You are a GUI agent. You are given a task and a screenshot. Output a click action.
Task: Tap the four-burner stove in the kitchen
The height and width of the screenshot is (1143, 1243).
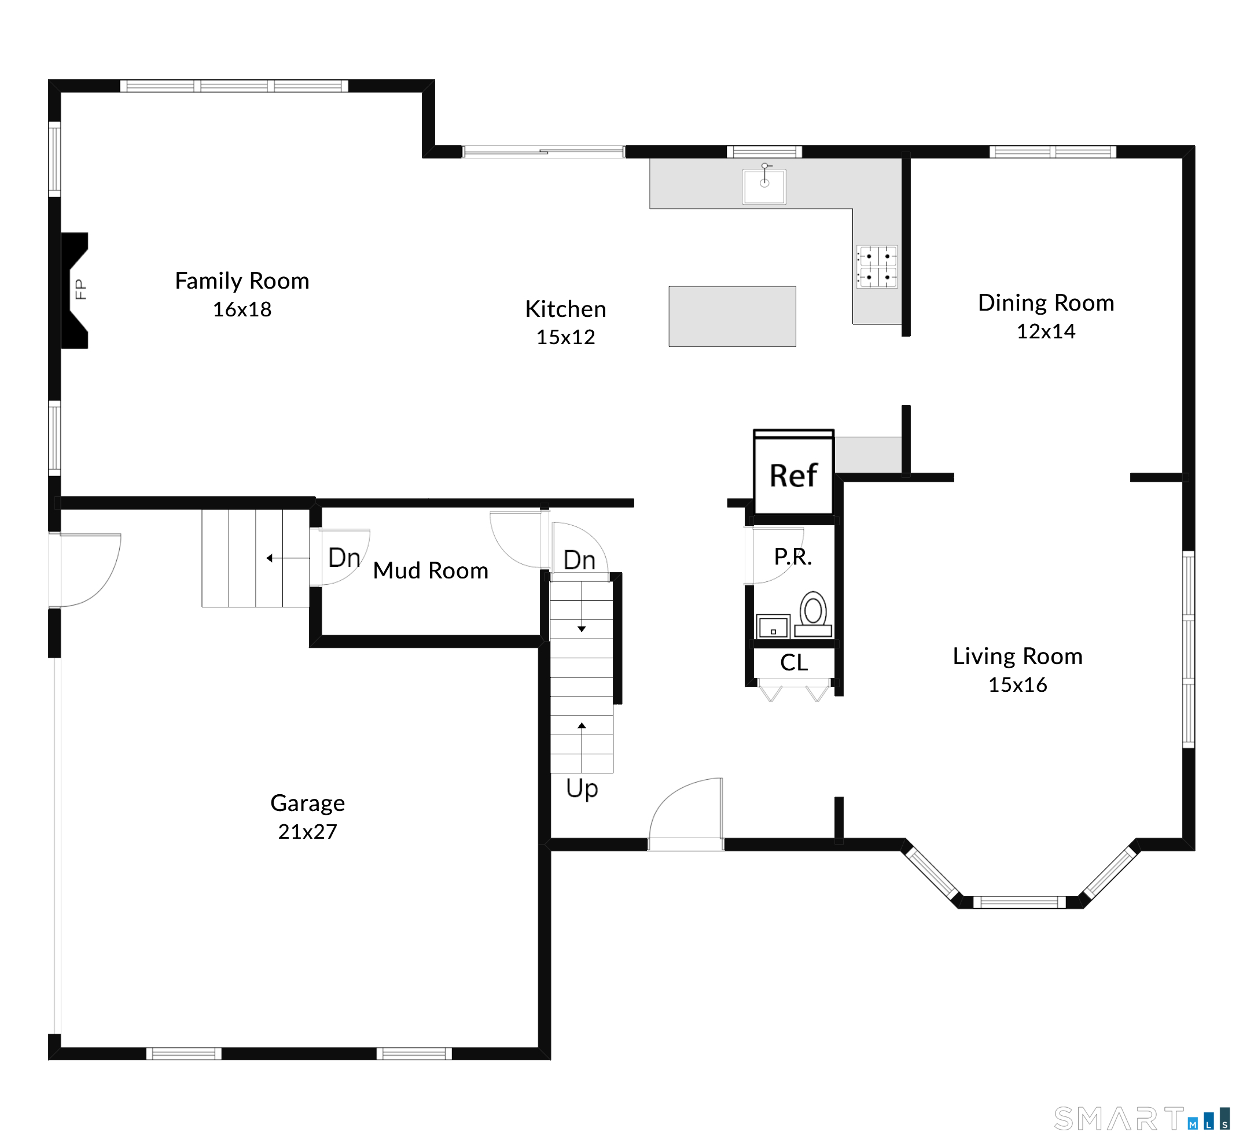click(877, 267)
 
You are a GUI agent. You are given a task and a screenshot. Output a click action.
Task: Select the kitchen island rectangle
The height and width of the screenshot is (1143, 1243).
click(732, 316)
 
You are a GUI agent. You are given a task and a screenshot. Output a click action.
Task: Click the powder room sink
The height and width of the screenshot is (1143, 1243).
click(773, 626)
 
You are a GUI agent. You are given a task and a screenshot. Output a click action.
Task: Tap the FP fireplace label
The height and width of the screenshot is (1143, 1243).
click(80, 289)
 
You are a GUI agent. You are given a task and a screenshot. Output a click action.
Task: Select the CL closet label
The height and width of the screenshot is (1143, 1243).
click(794, 662)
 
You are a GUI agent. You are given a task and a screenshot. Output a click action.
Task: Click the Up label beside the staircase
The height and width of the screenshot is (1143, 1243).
click(582, 789)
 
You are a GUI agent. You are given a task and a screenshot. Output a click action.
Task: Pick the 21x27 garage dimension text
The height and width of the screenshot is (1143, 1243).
click(307, 832)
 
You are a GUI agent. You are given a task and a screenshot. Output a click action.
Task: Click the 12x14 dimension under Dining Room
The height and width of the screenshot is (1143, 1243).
click(1046, 331)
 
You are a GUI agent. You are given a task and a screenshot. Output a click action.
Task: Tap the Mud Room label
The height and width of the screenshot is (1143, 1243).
click(431, 570)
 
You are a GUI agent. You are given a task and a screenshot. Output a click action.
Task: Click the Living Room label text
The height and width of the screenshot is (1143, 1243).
click(1017, 656)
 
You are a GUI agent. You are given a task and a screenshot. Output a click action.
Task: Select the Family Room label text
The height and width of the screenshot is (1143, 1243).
click(242, 281)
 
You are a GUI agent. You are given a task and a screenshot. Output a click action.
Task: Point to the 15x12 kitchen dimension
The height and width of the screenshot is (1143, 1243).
click(565, 337)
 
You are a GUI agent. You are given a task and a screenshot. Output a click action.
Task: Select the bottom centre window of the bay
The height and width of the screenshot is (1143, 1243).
click(1019, 902)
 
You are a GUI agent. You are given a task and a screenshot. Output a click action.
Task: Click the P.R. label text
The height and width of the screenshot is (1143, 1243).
click(793, 556)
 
